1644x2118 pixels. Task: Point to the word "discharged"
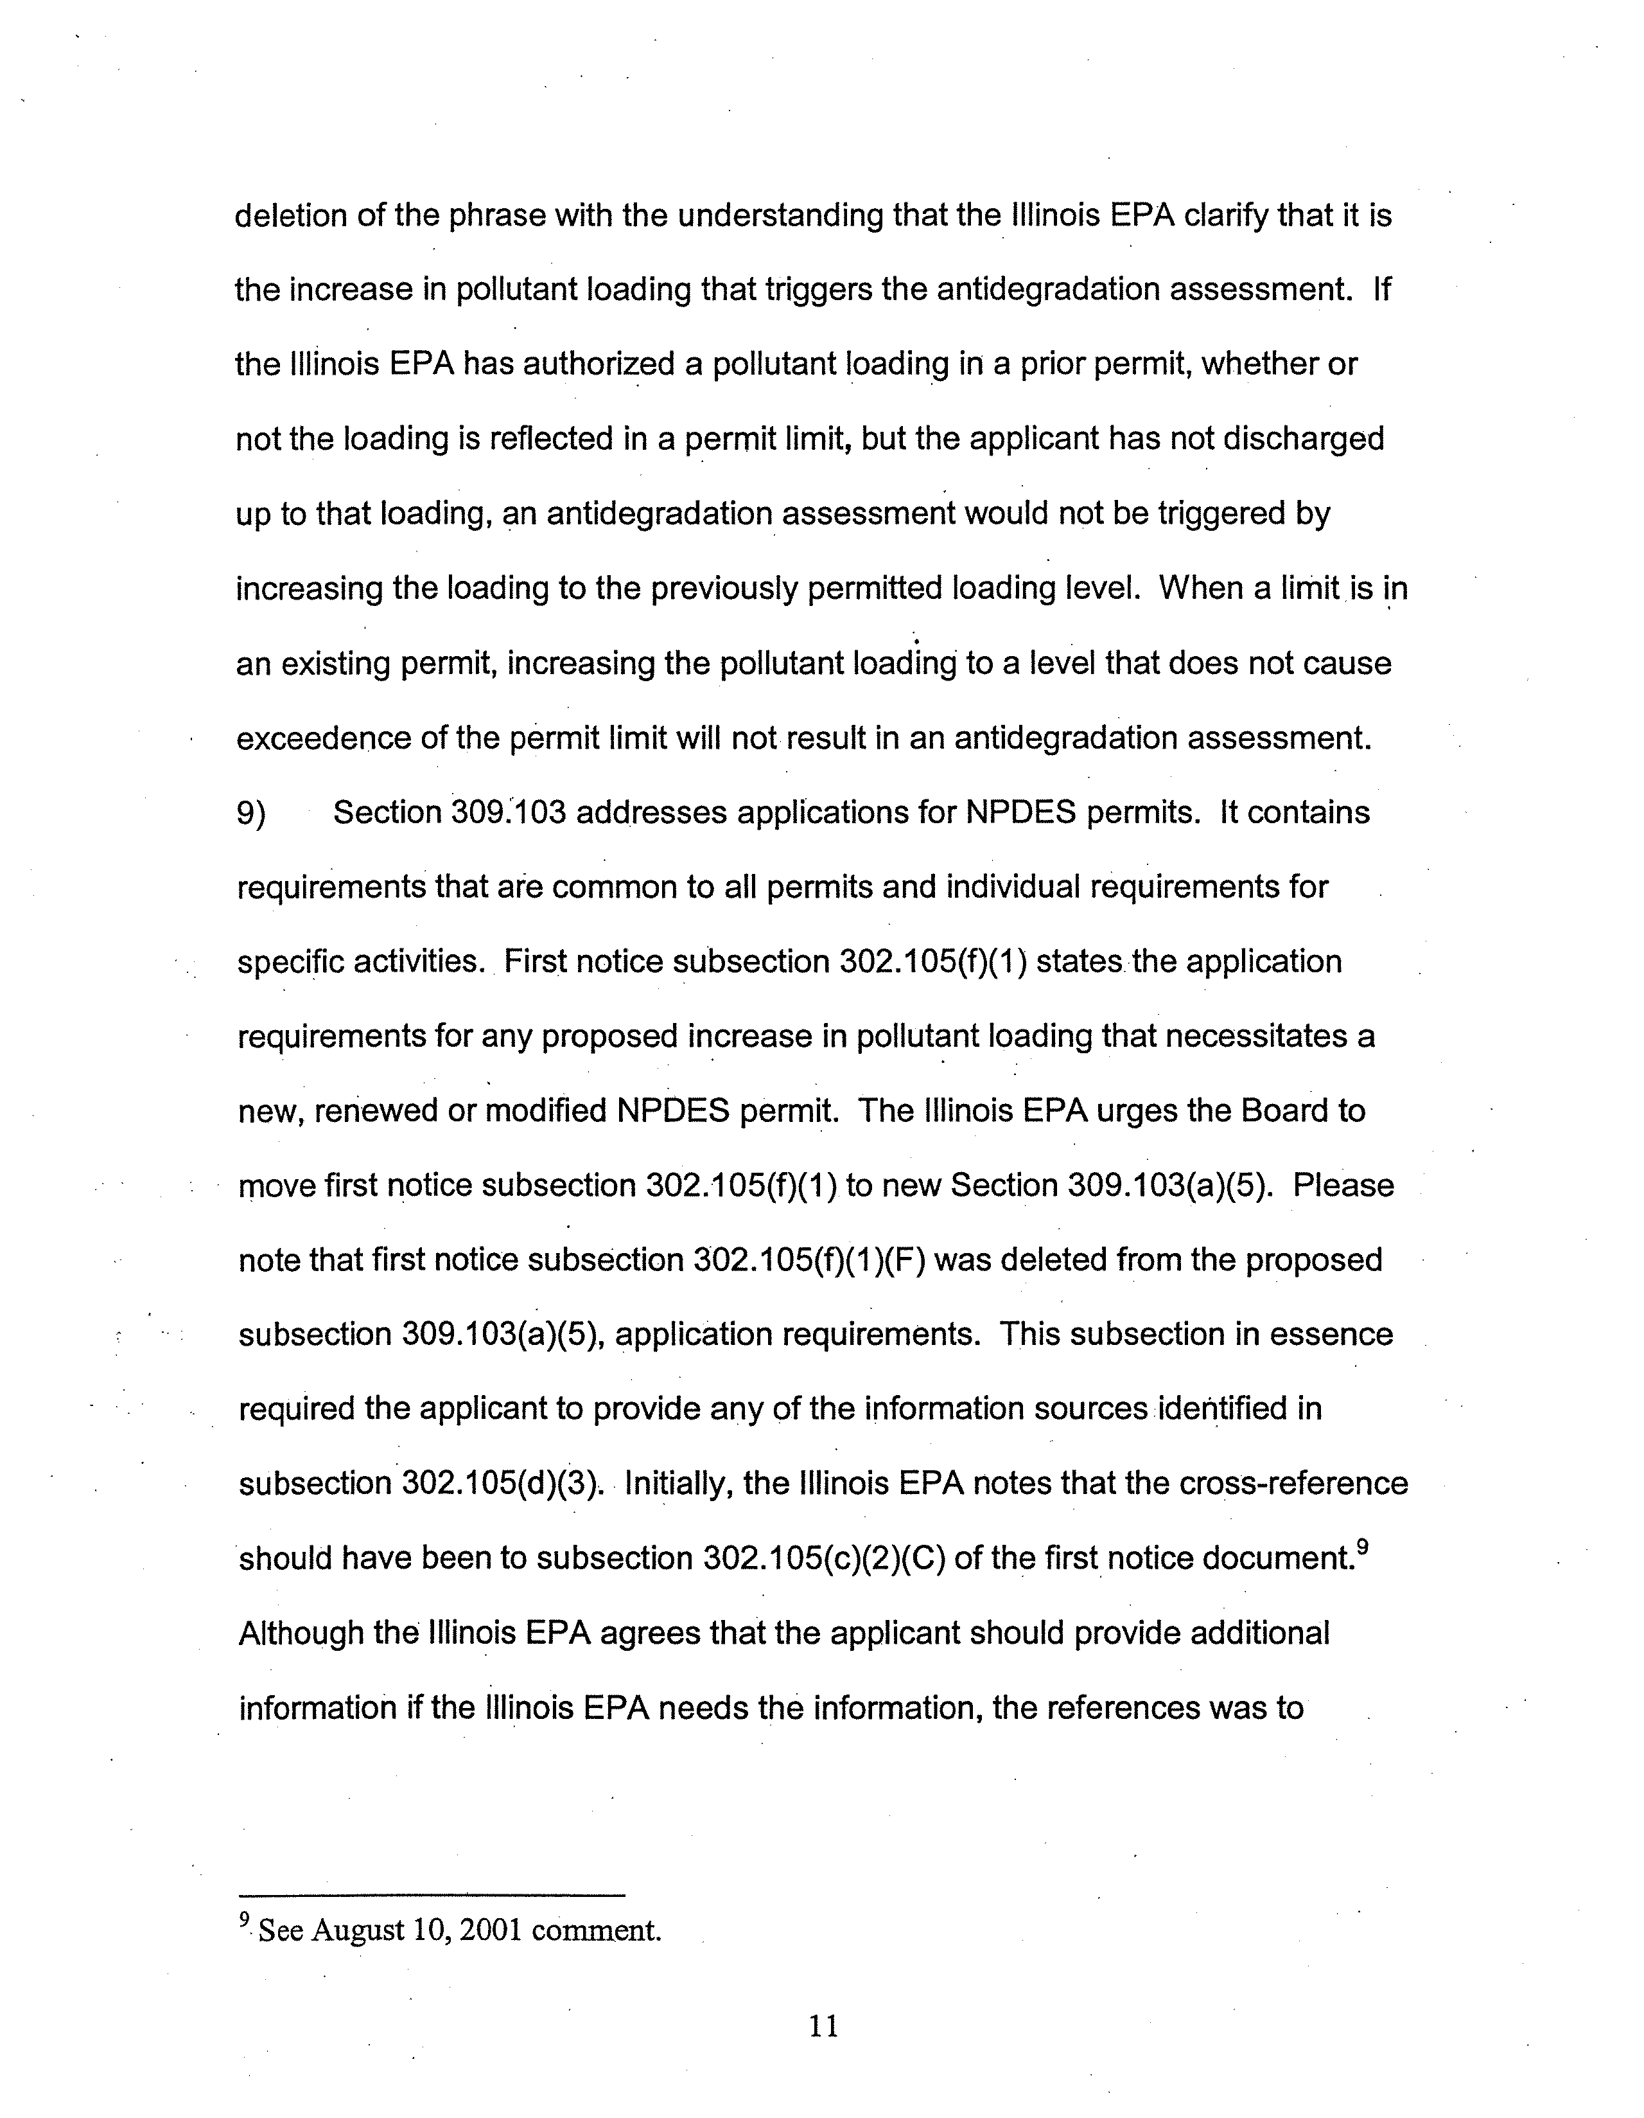1303,440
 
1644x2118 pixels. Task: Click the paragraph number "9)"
252,814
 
